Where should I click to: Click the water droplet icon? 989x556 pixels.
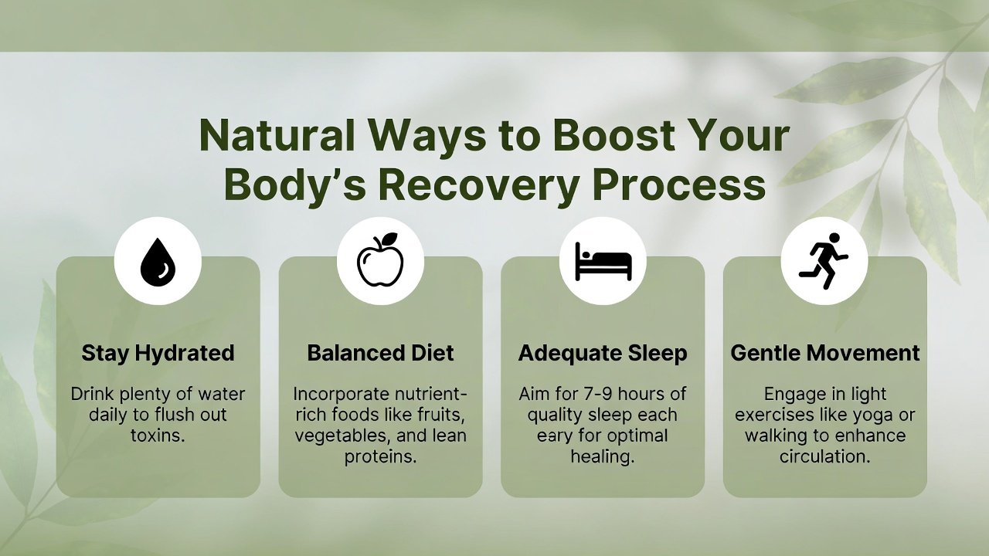pos(158,262)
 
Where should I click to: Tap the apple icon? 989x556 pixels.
pos(380,259)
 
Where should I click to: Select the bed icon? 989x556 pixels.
pos(603,261)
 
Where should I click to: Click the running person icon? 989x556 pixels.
pos(824,261)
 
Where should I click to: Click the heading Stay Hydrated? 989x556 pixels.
pos(158,354)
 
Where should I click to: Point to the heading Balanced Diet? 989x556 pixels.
pos(380,353)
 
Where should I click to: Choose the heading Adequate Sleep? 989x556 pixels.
pos(603,354)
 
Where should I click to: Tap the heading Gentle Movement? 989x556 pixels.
pos(824,353)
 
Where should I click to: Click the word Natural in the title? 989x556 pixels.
pos(277,135)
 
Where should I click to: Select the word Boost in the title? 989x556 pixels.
pos(613,135)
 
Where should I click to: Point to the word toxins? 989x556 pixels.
pos(158,436)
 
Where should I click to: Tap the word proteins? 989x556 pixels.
pos(381,457)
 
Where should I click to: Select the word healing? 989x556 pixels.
pos(603,456)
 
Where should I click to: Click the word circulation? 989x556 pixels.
pos(824,456)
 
